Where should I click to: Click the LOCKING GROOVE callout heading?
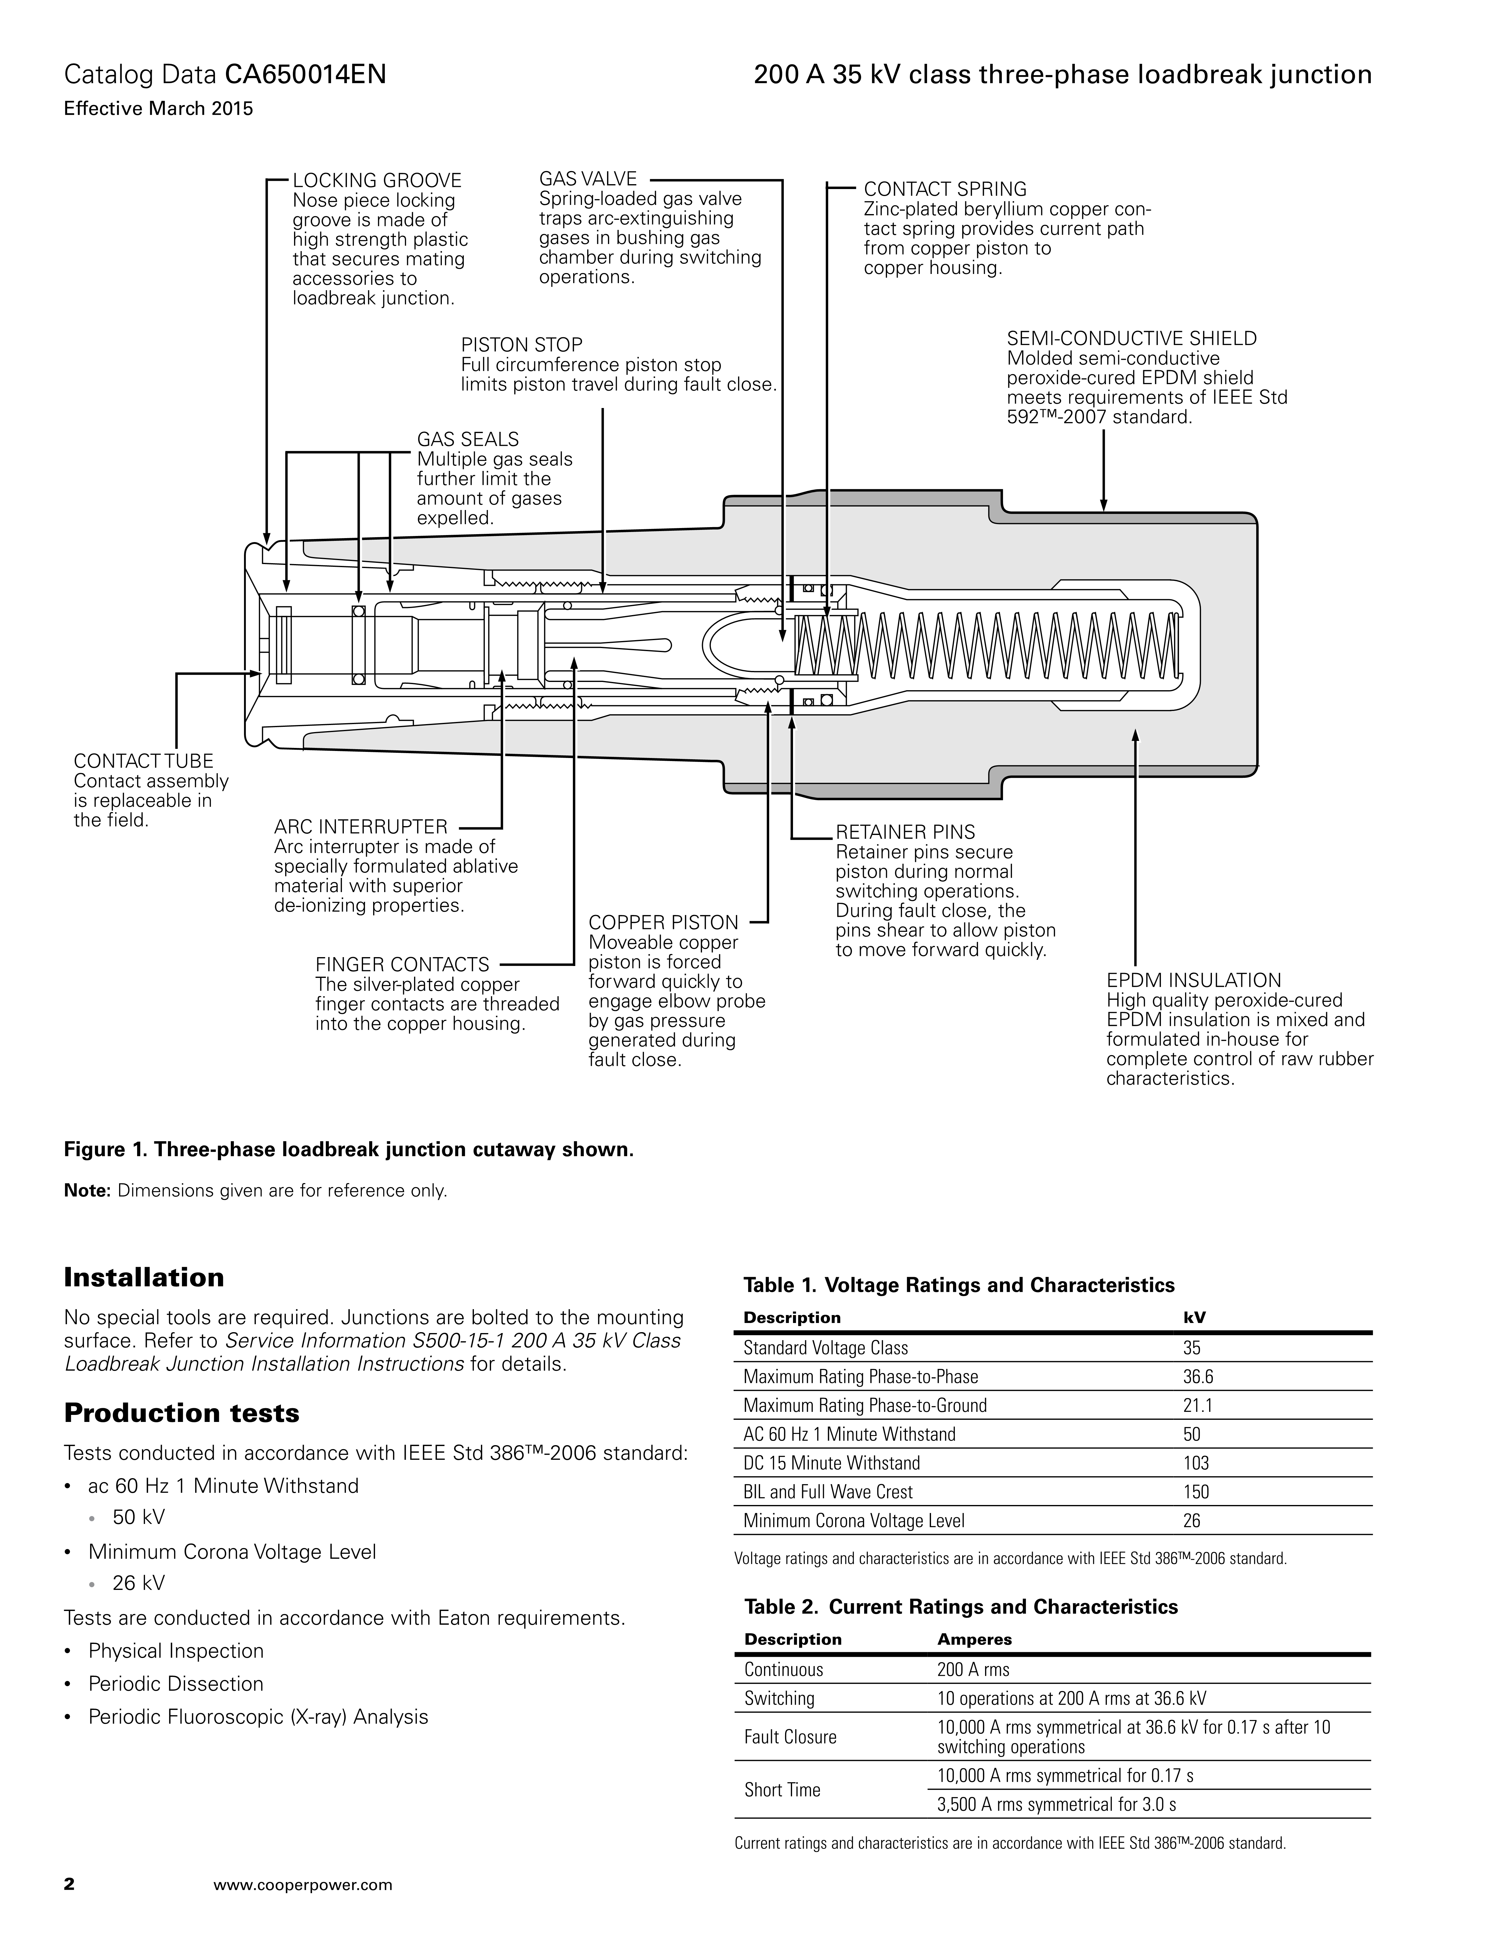click(377, 181)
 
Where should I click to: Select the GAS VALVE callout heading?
click(588, 179)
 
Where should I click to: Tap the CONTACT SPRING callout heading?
click(945, 189)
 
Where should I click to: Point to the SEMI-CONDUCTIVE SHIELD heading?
click(1131, 338)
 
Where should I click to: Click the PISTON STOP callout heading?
click(522, 345)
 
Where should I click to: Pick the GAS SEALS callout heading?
click(467, 439)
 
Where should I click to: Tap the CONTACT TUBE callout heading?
click(144, 761)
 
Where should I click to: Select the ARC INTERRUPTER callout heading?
click(360, 827)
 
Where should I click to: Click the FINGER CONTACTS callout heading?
click(402, 965)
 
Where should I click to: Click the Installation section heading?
click(144, 1277)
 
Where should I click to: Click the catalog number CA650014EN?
click(306, 75)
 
